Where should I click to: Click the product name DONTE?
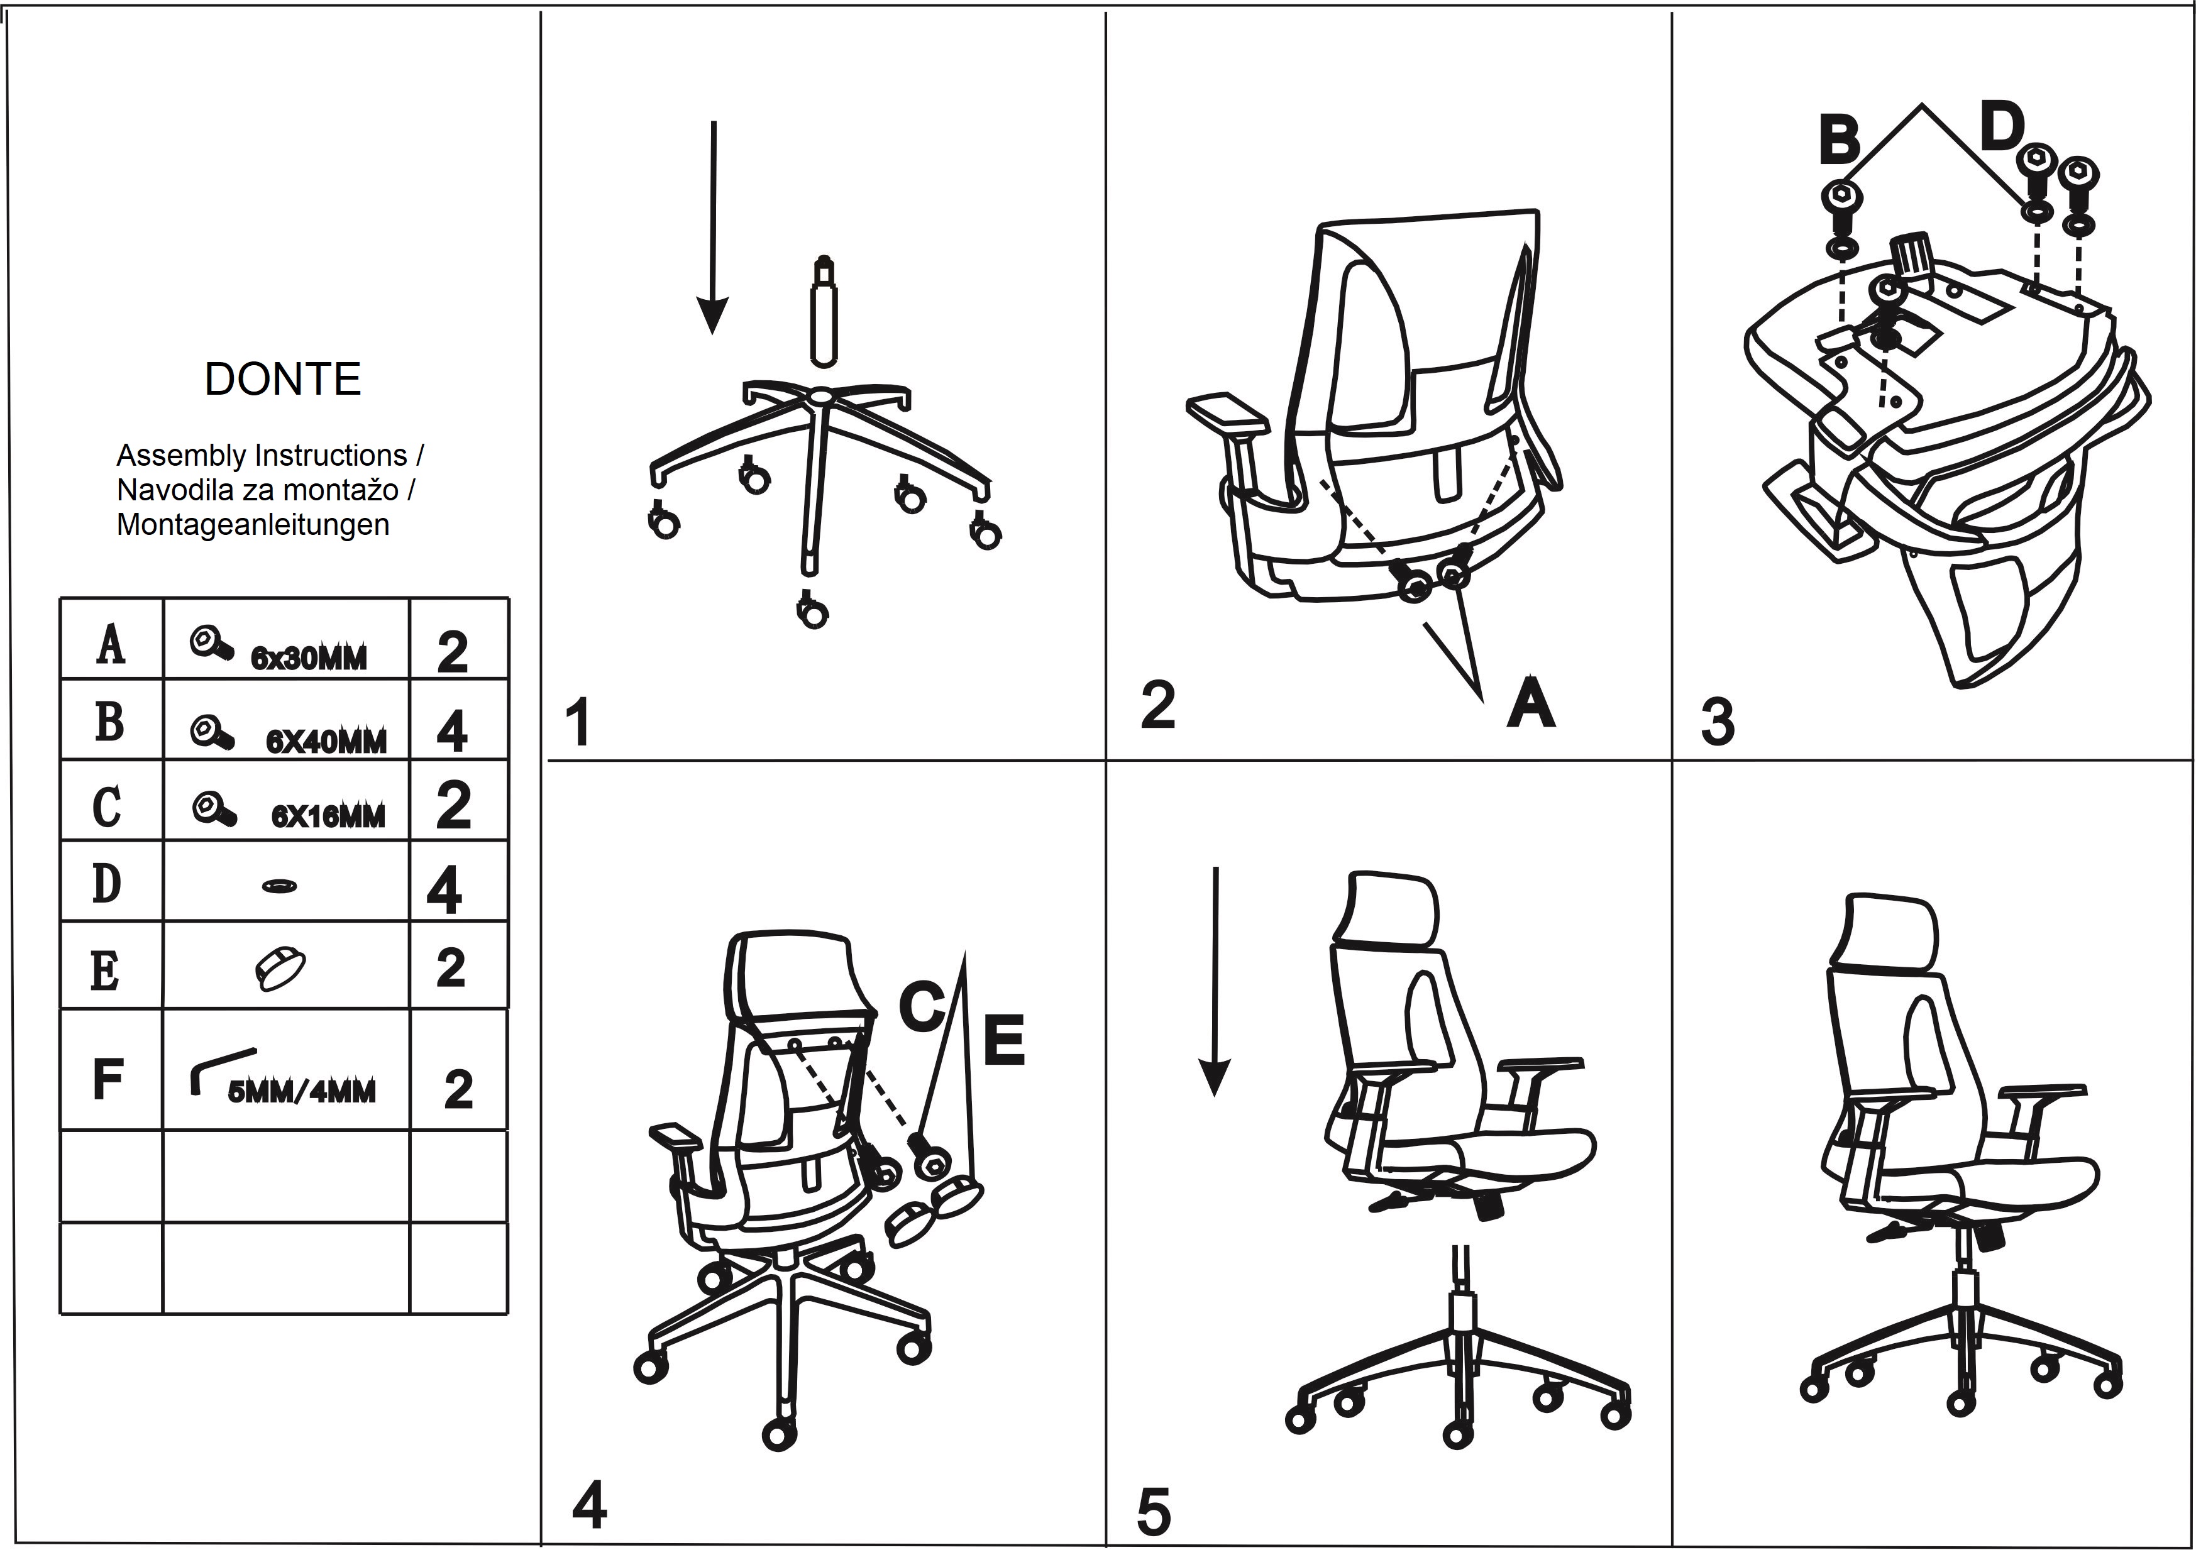point(283,380)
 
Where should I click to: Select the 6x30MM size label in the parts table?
point(309,658)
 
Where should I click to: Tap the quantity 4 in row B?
point(451,732)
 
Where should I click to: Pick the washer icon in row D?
point(279,886)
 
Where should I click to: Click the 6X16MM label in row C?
point(328,816)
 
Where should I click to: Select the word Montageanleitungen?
point(253,525)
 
